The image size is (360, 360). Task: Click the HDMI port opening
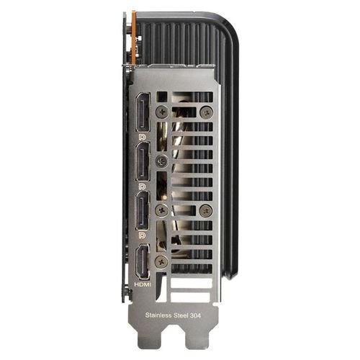(x=141, y=263)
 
